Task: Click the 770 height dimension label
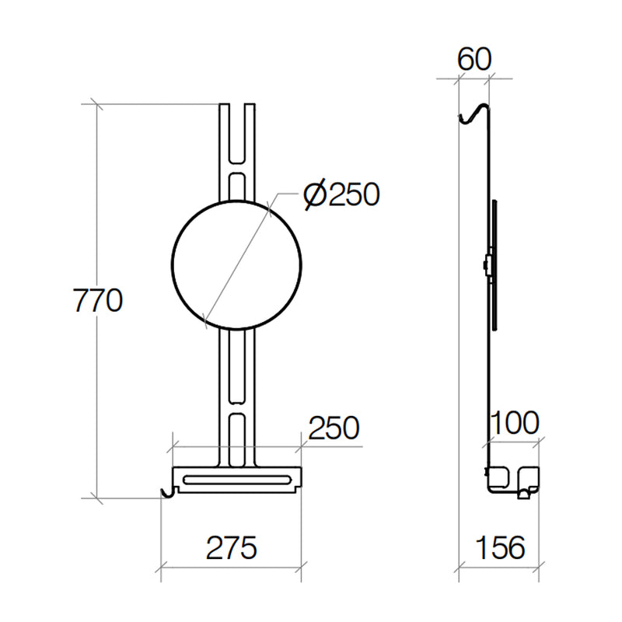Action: pyautogui.click(x=98, y=300)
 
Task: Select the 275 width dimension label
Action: pyautogui.click(x=232, y=548)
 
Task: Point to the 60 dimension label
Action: pyautogui.click(x=474, y=60)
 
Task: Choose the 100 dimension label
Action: pyautogui.click(x=515, y=423)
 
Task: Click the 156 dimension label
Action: pyautogui.click(x=500, y=548)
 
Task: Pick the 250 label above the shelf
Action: pyautogui.click(x=334, y=428)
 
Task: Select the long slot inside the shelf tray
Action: pyautogui.click(x=237, y=479)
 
